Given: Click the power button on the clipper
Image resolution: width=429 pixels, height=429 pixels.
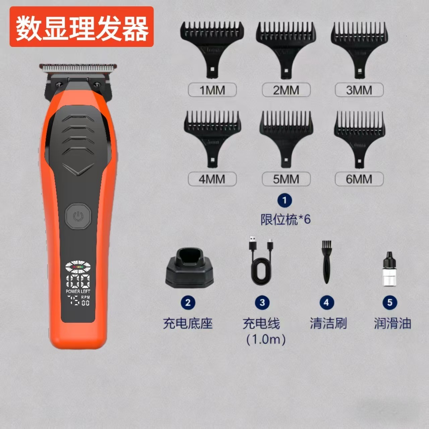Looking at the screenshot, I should pyautogui.click(x=78, y=217).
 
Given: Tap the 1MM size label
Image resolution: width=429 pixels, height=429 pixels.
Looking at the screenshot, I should pyautogui.click(x=212, y=90).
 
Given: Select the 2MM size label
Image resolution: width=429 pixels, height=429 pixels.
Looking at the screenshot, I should pyautogui.click(x=286, y=90).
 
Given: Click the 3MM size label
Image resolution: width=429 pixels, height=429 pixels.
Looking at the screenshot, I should pyautogui.click(x=359, y=90).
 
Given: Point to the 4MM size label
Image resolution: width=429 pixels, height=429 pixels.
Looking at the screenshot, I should pyautogui.click(x=212, y=179).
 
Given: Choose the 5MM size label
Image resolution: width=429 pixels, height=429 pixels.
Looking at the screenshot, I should pyautogui.click(x=286, y=179).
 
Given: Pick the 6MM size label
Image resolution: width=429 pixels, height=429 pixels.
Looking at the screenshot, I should pyautogui.click(x=359, y=179).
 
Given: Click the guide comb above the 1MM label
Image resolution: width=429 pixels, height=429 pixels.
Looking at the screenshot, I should pyautogui.click(x=212, y=44).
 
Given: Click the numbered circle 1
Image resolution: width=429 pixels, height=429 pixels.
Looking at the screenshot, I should pyautogui.click(x=285, y=200).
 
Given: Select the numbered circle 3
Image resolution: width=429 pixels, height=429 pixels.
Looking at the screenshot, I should pyautogui.click(x=262, y=303).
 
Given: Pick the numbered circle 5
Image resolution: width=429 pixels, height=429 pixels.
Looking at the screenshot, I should pyautogui.click(x=389, y=303).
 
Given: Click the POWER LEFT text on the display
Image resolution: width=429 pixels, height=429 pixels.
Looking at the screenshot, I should pyautogui.click(x=78, y=291).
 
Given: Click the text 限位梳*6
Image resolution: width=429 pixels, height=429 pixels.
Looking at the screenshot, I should pyautogui.click(x=286, y=220).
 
